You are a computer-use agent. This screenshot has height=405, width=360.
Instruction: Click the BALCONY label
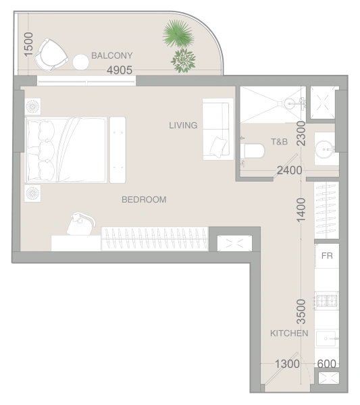112,55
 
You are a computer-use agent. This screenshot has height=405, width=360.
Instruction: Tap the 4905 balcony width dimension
120,70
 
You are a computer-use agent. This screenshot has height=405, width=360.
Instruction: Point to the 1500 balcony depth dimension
28,44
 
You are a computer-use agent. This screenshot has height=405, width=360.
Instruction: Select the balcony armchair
51,55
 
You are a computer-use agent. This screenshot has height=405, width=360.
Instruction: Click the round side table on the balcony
80,62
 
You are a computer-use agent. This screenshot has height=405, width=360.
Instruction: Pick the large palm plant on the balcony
178,34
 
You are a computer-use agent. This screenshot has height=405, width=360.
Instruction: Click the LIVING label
183,126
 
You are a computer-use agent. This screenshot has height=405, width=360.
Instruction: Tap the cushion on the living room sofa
218,146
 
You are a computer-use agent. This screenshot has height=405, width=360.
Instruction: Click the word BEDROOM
144,200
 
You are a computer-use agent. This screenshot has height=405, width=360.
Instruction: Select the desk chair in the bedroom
80,223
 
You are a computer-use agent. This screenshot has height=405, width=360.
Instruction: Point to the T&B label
279,142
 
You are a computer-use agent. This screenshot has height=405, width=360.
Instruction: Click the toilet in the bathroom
253,151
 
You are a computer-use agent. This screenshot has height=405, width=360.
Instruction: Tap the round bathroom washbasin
325,149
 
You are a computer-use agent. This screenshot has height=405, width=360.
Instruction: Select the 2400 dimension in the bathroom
290,171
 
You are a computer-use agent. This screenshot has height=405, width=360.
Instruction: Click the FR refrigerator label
327,256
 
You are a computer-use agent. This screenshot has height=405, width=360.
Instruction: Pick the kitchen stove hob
327,300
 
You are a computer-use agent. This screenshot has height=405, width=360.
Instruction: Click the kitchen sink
327,339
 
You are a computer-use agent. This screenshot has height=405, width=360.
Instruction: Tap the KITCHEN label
289,333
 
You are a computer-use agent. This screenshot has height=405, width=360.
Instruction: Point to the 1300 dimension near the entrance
287,364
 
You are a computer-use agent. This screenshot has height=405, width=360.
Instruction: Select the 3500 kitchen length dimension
301,311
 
